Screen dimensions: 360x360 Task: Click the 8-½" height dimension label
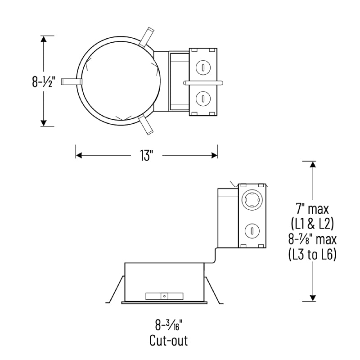(43, 82)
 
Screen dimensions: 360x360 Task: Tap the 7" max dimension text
(312, 209)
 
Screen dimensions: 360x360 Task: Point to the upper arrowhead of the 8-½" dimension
(44, 39)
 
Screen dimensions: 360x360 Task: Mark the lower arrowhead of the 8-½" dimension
(44, 122)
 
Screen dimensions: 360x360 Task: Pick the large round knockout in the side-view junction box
(251, 198)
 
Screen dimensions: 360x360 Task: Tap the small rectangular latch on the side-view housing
(165, 296)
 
